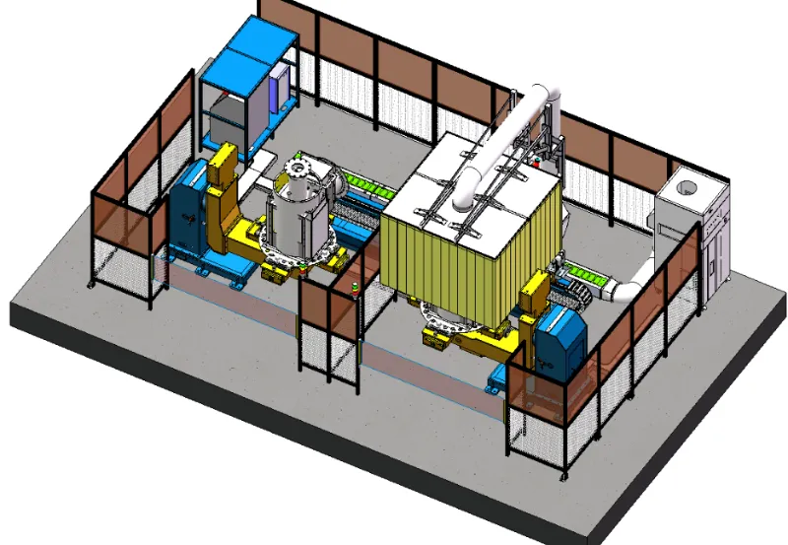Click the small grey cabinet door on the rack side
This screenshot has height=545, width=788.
click(x=283, y=84)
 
